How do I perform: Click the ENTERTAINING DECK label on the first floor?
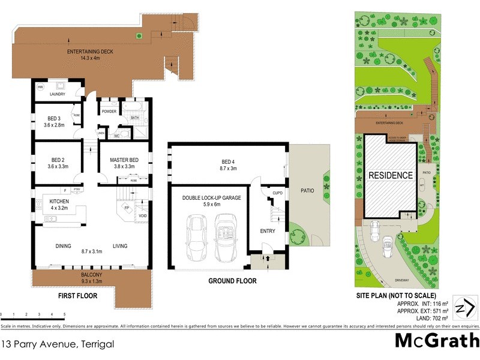[x=89, y=52]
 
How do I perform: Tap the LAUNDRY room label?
[x=57, y=94]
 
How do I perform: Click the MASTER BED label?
[x=124, y=160]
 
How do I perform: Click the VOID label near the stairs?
[x=143, y=215]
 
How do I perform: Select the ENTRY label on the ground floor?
[x=268, y=230]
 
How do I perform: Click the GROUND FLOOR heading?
[x=232, y=281]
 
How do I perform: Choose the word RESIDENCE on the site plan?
[x=391, y=176]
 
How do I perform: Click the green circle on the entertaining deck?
[x=139, y=37]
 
